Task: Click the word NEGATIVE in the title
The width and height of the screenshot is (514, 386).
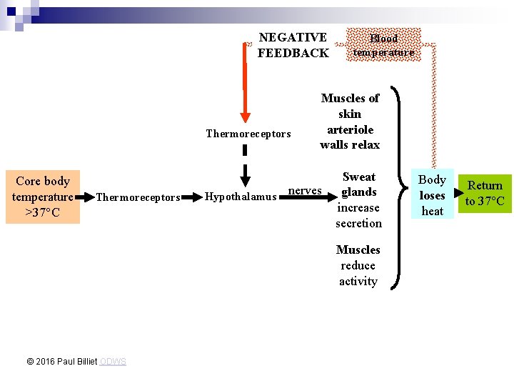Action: click(x=293, y=37)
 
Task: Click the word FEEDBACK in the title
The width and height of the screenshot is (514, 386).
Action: click(x=293, y=53)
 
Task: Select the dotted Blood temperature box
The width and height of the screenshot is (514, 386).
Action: click(x=383, y=45)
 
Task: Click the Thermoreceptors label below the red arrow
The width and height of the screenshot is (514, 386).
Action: click(x=248, y=134)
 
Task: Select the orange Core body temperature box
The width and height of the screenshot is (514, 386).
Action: click(x=43, y=197)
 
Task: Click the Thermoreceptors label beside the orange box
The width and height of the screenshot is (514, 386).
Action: click(x=138, y=197)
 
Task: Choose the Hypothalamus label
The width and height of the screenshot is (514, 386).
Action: click(x=241, y=197)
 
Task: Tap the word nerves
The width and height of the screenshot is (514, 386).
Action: click(x=305, y=190)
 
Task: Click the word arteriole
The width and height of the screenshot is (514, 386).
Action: click(x=350, y=129)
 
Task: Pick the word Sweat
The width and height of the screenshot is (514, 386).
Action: click(x=358, y=177)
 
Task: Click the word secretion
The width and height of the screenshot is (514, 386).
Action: click(x=358, y=223)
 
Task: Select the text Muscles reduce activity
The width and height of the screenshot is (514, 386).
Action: click(x=358, y=265)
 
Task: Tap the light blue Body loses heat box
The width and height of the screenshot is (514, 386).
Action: click(x=432, y=195)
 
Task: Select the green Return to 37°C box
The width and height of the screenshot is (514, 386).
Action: click(x=485, y=193)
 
